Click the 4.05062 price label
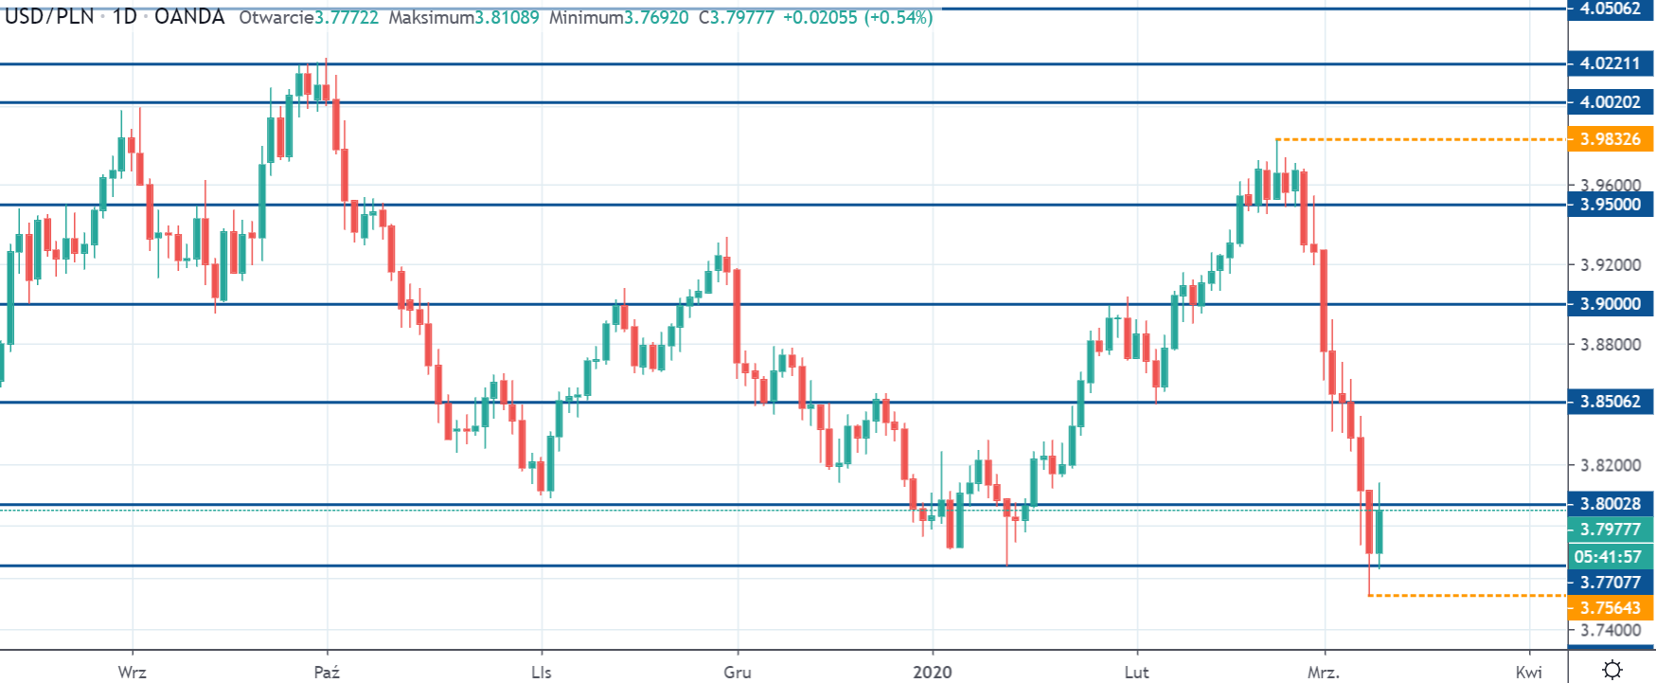(1610, 9)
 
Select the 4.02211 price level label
(1610, 63)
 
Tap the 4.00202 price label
(1610, 102)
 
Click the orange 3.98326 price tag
(1610, 139)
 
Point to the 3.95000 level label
(1610, 205)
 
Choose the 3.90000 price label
(1610, 304)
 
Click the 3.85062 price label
(1610, 402)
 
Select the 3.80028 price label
(1610, 504)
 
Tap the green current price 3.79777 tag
(1610, 530)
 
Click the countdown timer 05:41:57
(1610, 556)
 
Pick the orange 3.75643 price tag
(1610, 607)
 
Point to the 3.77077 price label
(1610, 582)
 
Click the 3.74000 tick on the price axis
(1610, 630)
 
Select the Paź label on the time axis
(327, 672)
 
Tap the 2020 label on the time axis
(932, 672)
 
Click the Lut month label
(1136, 672)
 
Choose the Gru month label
(737, 672)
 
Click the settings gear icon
(1611, 670)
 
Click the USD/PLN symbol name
(49, 17)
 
